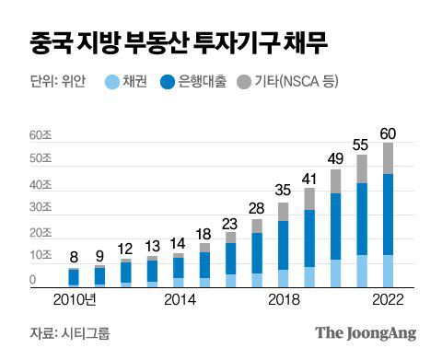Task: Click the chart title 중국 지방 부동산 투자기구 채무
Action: tap(175, 42)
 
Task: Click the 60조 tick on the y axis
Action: tap(41, 135)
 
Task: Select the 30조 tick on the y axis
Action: tap(41, 207)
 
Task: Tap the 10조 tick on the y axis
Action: tap(41, 255)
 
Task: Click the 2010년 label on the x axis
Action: tap(76, 300)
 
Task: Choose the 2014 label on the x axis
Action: tap(179, 300)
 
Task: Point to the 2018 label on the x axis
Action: tap(284, 300)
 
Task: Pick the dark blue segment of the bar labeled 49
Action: tap(335, 226)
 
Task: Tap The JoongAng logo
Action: tap(366, 333)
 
